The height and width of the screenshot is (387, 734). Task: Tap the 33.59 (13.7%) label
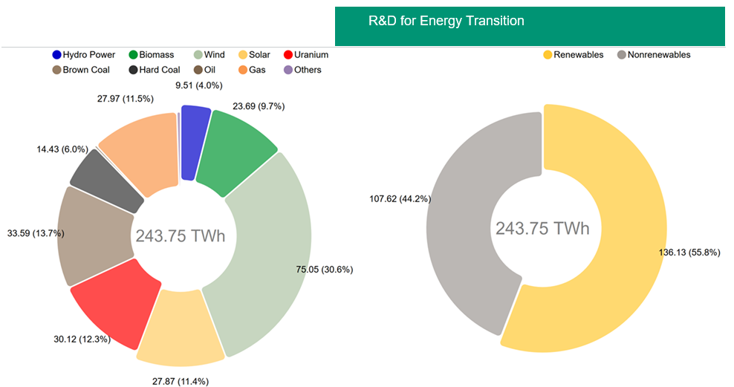[36, 233]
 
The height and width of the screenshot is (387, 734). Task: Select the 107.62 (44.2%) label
[400, 198]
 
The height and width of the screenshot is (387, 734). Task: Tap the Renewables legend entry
[574, 55]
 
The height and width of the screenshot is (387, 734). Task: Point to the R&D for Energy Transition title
[446, 21]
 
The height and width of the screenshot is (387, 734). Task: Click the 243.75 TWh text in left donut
[181, 236]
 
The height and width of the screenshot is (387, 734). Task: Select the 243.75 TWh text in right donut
[542, 228]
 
